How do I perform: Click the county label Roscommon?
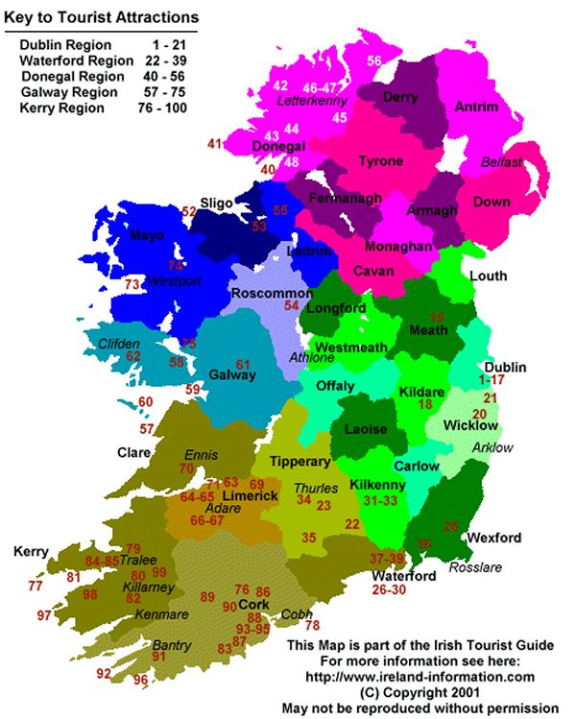(271, 293)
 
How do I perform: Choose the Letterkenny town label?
(310, 100)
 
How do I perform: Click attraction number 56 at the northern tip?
(374, 60)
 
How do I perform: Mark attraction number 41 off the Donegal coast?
(215, 144)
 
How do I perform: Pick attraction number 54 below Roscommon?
(292, 305)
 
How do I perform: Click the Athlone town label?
(312, 358)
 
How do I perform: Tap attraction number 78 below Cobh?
(312, 625)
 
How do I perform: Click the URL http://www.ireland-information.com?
(420, 676)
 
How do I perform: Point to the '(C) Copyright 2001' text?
(420, 691)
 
